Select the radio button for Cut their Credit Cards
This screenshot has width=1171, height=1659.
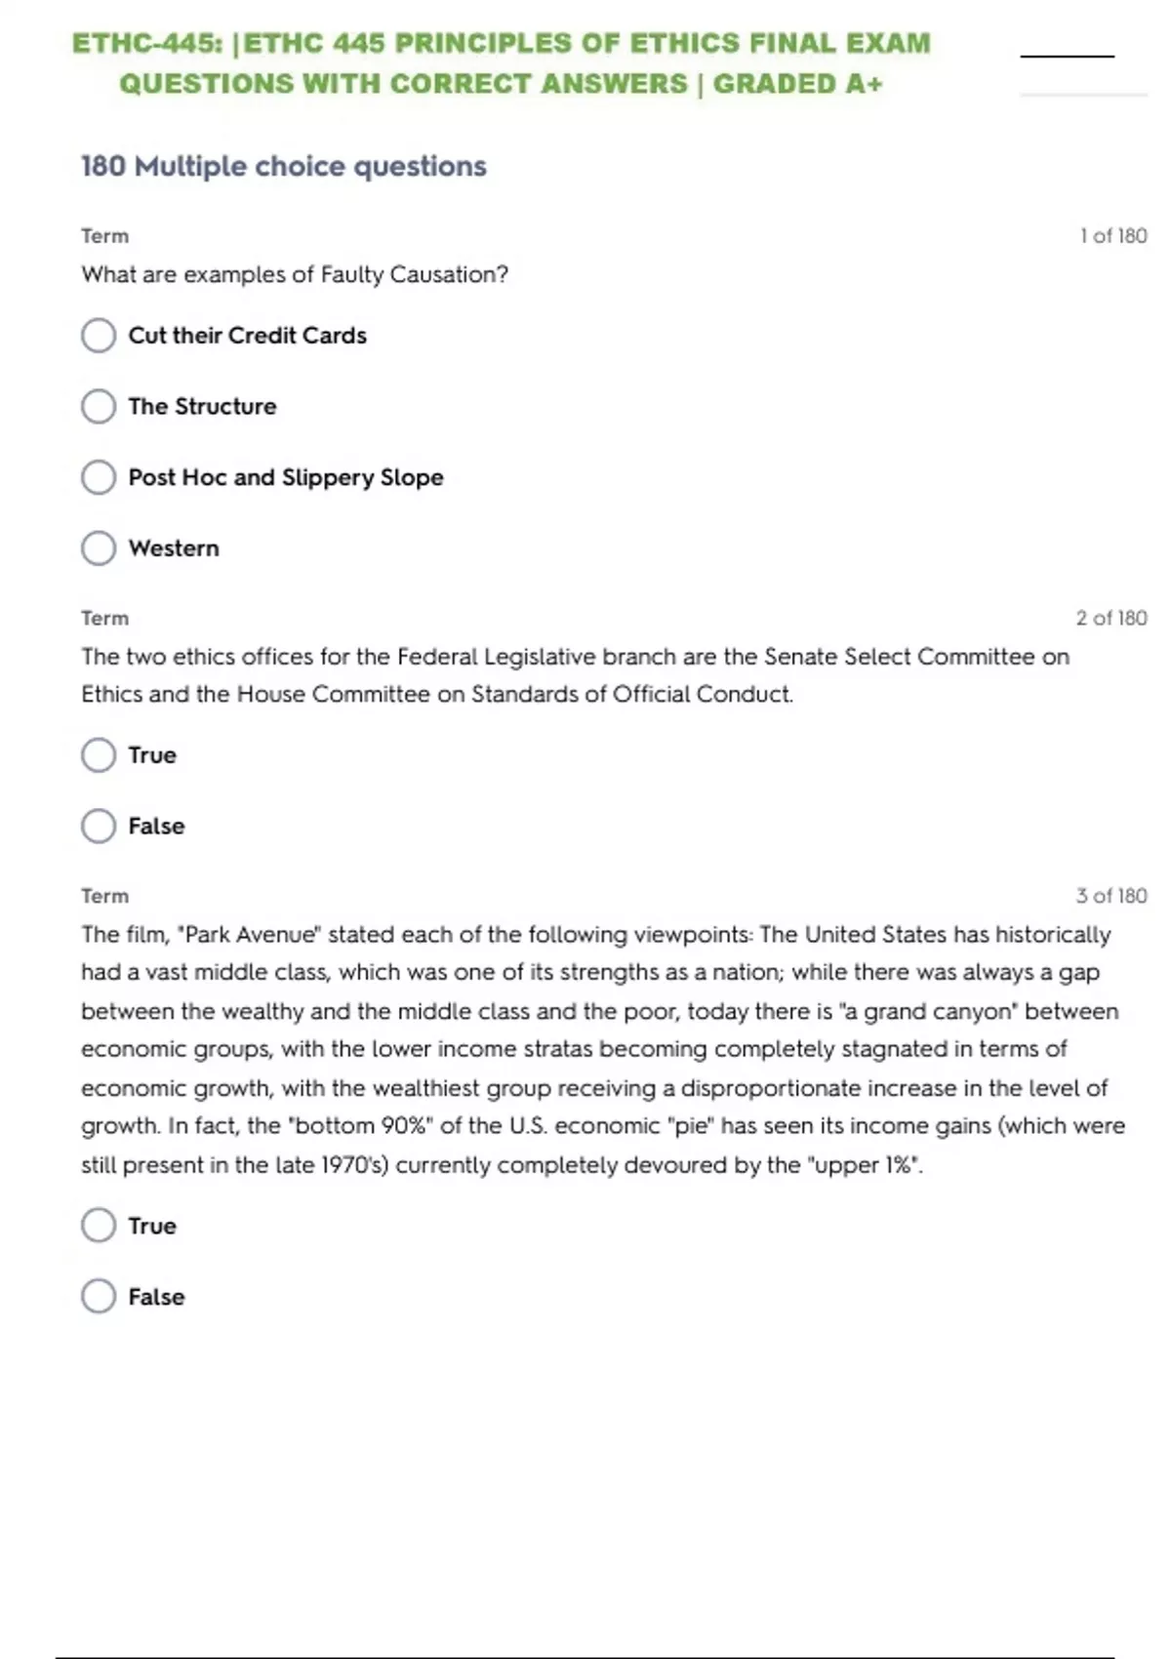99,335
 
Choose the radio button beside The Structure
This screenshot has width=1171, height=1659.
99,406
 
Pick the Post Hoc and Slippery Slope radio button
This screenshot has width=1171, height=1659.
99,477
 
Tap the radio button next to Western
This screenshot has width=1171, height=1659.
99,547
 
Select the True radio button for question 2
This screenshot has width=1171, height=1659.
99,754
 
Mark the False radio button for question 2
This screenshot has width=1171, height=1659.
99,826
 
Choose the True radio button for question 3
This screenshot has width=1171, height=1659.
99,1225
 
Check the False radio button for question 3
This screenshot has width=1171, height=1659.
99,1296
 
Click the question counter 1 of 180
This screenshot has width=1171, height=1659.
1112,235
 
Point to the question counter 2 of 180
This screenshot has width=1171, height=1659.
1111,618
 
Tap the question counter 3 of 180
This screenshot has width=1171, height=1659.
1111,896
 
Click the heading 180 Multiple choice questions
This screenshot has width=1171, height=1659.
283,166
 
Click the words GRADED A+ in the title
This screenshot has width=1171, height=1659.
797,84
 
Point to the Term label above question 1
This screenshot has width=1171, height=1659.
104,235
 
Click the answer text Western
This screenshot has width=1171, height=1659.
174,547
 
